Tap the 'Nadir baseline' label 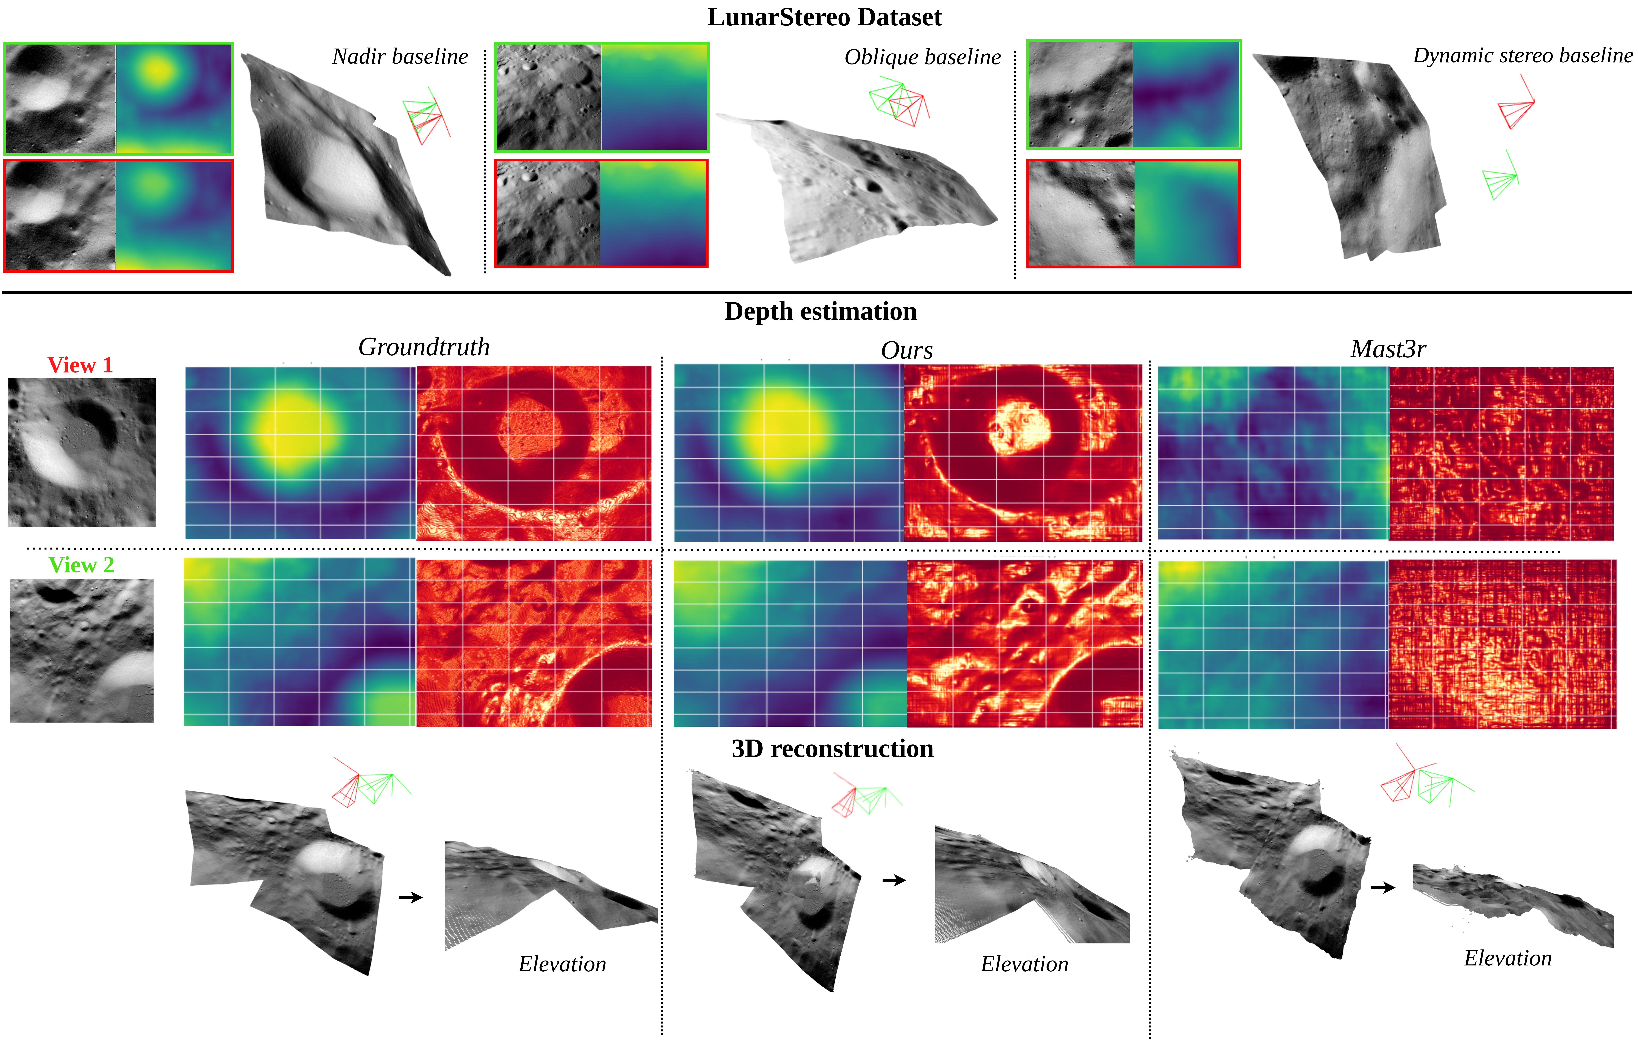[x=400, y=56]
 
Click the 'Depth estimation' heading [x=820, y=312]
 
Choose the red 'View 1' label [x=80, y=365]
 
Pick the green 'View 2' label [x=81, y=565]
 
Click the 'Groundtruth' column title [x=424, y=347]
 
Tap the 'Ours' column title [x=907, y=350]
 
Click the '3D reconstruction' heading [x=832, y=749]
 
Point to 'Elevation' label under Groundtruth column [x=562, y=964]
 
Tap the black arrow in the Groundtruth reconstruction [x=410, y=898]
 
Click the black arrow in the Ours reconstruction [x=894, y=880]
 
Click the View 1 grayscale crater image [x=82, y=452]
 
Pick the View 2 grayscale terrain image [x=82, y=650]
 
